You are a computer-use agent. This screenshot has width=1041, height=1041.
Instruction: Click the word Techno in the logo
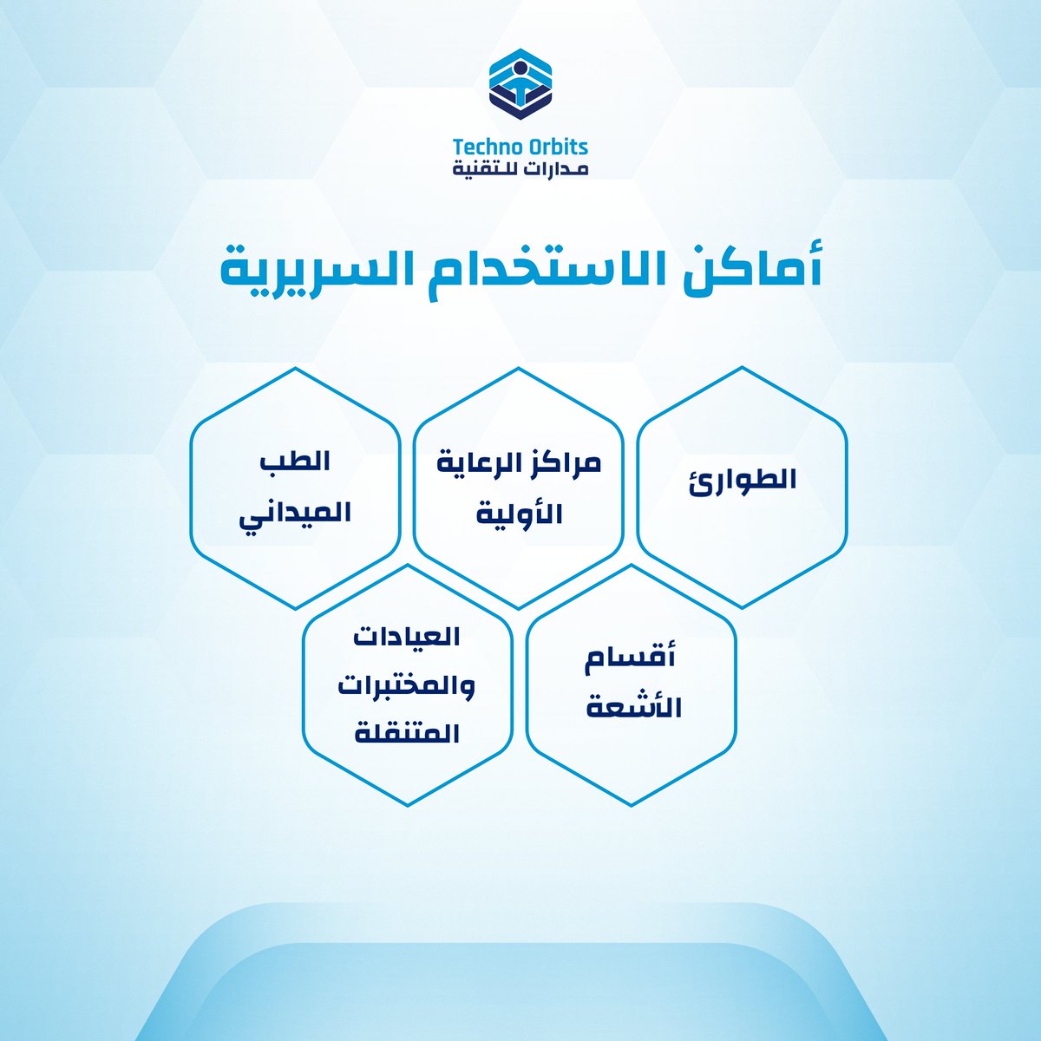[x=487, y=147]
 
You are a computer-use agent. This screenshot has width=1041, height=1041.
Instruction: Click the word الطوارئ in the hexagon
[x=743, y=480]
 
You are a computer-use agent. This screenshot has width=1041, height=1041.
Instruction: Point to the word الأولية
[x=520, y=512]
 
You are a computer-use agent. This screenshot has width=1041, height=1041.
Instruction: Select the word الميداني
[x=295, y=512]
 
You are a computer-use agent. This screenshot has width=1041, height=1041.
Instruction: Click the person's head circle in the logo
[x=520, y=69]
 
